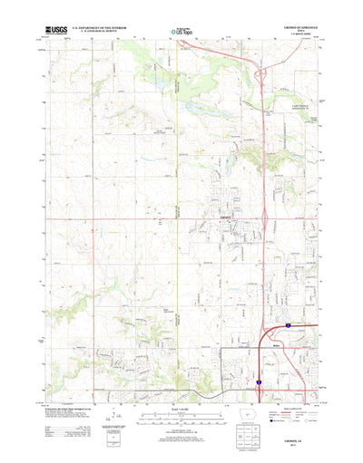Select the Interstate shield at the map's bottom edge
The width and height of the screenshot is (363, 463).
[257, 383]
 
